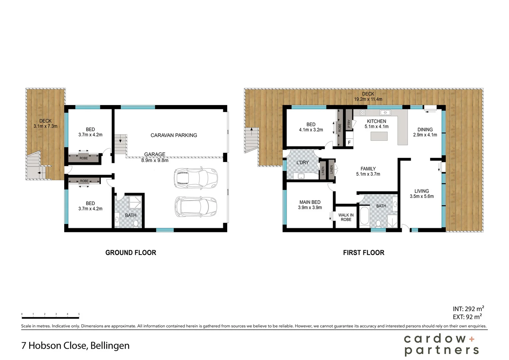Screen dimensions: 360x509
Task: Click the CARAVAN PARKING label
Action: [x=174, y=135]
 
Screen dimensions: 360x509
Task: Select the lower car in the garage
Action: [x=196, y=207]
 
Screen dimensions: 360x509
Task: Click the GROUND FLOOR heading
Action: [x=131, y=253]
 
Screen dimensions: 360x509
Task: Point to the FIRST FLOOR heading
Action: [x=363, y=253]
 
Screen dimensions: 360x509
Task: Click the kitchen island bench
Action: [x=379, y=136]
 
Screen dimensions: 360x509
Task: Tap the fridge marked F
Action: [x=349, y=142]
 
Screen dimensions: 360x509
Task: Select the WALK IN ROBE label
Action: [x=346, y=217]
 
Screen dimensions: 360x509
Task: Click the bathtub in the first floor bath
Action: [x=364, y=217]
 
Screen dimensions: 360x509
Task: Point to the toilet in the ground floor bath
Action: [x=136, y=224]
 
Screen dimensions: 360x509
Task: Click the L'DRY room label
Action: [x=302, y=162]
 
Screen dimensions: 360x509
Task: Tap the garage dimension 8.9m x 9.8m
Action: [x=155, y=160]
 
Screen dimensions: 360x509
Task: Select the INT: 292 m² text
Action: [x=468, y=309]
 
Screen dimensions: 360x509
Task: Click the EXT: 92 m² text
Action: [x=467, y=317]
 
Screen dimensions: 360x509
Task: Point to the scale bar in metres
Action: [x=50, y=316]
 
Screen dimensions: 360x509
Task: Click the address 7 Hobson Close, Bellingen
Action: [x=75, y=345]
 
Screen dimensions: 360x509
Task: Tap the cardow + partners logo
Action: [x=441, y=345]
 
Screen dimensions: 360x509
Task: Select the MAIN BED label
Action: [x=310, y=202]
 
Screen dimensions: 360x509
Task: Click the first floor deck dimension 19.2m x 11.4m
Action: [x=368, y=99]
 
